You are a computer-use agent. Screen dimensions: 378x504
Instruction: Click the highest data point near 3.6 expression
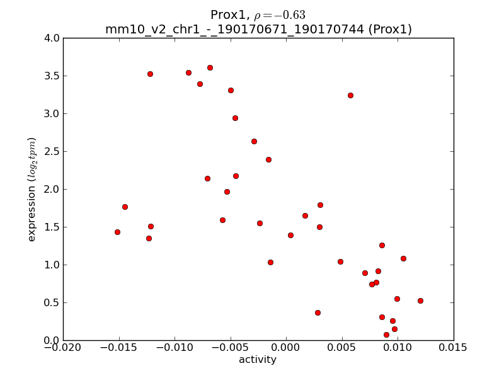point(210,67)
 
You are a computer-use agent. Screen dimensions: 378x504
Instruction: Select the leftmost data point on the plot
point(117,232)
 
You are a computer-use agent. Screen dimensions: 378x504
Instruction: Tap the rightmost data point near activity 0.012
point(420,301)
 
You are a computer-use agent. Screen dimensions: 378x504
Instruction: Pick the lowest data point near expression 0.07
point(386,335)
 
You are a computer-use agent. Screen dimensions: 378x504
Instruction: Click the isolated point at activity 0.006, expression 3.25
point(350,95)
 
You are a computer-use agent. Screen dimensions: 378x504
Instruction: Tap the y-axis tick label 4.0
point(52,38)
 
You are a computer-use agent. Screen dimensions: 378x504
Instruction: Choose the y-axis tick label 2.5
point(52,151)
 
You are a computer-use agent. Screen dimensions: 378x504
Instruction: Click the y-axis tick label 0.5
point(52,302)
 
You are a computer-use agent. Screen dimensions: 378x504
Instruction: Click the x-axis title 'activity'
point(257,360)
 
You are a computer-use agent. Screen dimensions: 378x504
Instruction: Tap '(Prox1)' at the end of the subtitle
point(390,29)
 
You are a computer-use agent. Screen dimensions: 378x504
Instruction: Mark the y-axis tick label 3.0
point(52,113)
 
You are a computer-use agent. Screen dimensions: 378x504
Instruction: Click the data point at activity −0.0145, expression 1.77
point(125,207)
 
